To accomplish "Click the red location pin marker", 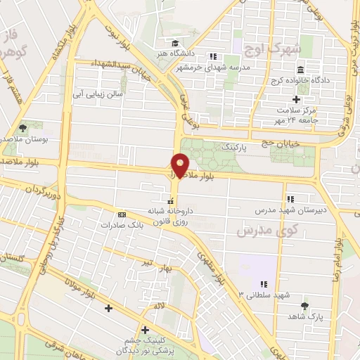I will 181,166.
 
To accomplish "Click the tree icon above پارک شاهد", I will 304,306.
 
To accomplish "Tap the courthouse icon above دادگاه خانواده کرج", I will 300,71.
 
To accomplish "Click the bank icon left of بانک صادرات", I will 122,214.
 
